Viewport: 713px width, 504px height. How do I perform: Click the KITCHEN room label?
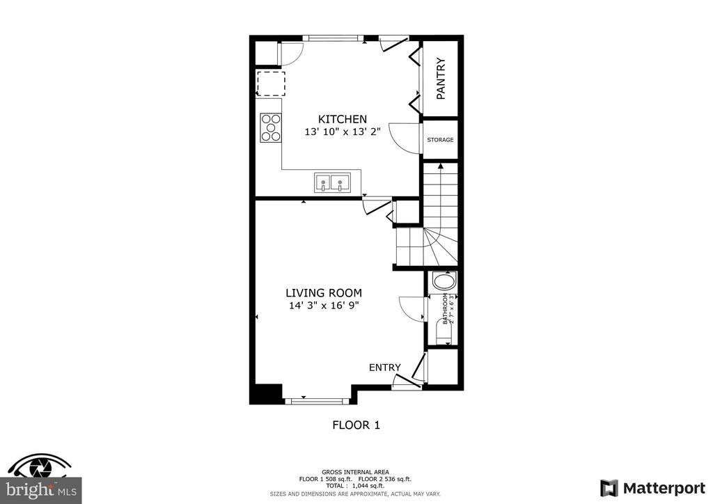click(x=342, y=119)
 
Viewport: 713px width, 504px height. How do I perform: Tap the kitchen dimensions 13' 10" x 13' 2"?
click(x=342, y=132)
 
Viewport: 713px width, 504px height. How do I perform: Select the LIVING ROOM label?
click(x=324, y=292)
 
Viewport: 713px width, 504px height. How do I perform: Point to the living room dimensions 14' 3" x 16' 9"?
click(x=324, y=306)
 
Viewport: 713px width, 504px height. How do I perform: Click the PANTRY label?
click(x=441, y=78)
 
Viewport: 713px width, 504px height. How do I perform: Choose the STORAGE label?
click(x=440, y=140)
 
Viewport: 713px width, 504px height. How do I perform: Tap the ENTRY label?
click(x=384, y=367)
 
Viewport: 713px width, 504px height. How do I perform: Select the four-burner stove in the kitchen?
click(x=271, y=127)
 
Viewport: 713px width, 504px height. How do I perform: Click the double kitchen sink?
click(x=332, y=182)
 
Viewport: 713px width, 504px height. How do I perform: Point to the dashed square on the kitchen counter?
click(x=271, y=83)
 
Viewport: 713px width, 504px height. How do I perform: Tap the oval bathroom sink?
click(x=444, y=281)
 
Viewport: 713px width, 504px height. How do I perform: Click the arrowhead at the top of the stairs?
click(x=440, y=166)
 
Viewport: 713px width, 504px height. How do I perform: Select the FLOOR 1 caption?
click(x=356, y=425)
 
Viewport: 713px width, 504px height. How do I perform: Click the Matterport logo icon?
click(x=609, y=488)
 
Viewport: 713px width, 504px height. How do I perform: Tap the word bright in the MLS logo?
click(x=28, y=490)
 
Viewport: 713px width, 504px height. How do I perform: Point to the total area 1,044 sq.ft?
click(x=355, y=486)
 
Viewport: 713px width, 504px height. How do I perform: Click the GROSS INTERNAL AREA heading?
click(x=355, y=472)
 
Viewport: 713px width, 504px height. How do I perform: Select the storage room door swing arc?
click(x=398, y=141)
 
